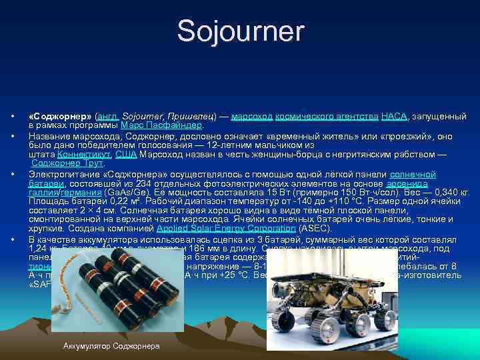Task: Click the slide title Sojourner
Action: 240,31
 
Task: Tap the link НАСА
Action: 394,117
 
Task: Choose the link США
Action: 126,154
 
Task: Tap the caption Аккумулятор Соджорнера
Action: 111,347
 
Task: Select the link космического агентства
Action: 327,117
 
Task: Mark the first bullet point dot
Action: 13,117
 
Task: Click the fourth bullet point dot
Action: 13,239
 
